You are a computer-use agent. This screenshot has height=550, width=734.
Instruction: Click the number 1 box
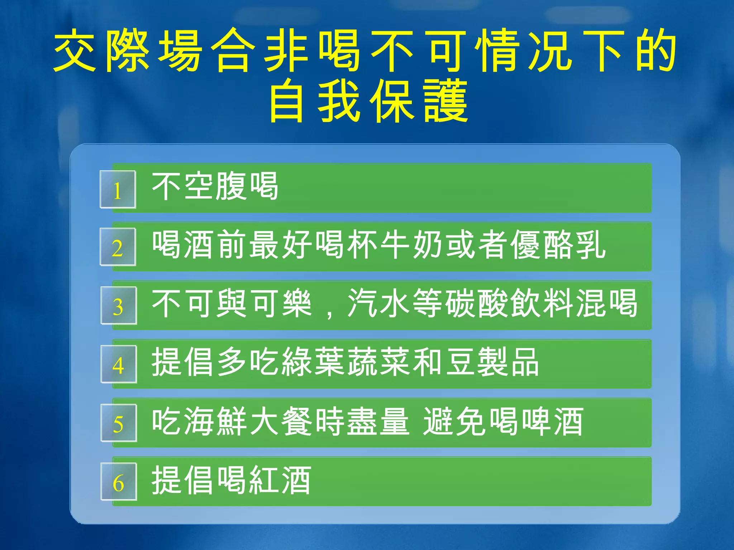coord(118,189)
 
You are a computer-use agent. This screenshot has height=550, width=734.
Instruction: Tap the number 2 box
coord(118,247)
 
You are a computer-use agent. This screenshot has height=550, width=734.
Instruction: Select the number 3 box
coord(119,305)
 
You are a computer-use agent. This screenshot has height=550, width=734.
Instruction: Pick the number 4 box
coord(119,364)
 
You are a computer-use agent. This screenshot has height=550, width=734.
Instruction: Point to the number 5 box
coord(119,423)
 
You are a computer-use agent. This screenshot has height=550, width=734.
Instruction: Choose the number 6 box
coord(119,482)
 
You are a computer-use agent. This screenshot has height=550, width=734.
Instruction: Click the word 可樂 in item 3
coord(282,304)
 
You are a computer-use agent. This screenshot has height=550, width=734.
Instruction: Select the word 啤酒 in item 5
coord(552,421)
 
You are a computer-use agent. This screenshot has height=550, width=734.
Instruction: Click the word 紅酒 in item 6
coord(280,480)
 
